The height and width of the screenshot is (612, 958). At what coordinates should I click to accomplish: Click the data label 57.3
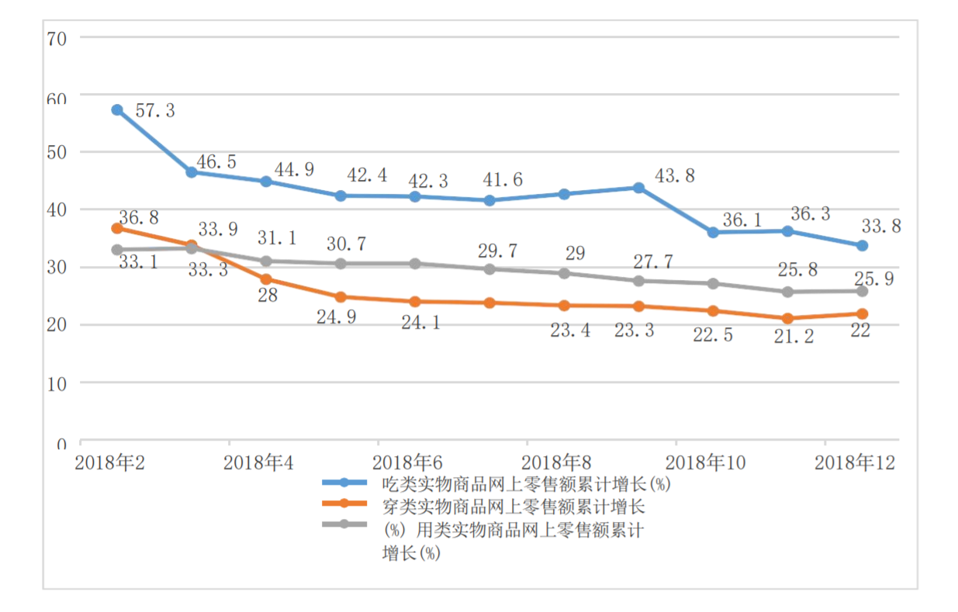point(155,111)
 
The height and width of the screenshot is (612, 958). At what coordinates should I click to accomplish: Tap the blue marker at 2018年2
point(117,110)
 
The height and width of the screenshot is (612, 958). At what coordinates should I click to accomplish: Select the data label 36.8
point(139,217)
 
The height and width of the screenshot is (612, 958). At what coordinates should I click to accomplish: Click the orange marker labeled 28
point(266,279)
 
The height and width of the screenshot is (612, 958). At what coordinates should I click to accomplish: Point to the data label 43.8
point(675,176)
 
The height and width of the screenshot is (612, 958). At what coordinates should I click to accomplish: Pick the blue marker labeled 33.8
point(861,246)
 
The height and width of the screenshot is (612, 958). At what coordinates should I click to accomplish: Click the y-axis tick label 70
point(57,37)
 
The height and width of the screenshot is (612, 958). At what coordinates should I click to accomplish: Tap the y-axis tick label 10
point(57,383)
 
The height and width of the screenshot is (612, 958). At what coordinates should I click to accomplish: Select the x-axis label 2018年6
point(407,464)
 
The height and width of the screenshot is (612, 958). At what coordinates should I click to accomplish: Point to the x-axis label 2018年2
point(108,464)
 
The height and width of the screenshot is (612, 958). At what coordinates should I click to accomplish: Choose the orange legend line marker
point(344,507)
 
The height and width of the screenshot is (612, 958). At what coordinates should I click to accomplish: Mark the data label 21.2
point(794,337)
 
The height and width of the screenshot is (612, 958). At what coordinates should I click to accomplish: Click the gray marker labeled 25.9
point(861,291)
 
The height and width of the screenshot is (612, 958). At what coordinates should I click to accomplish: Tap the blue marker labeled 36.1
point(713,233)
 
